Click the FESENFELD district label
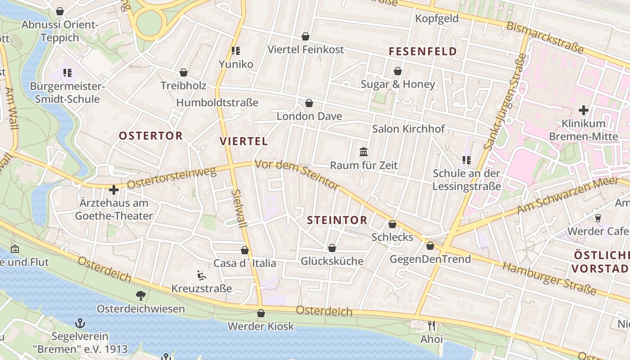[x=423, y=51]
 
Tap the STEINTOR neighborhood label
[x=337, y=220]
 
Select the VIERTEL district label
[x=244, y=141]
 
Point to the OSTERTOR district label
[x=151, y=135]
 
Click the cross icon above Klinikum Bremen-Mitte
[x=584, y=110]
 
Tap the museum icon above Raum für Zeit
[x=364, y=152]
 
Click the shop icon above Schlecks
[x=392, y=224]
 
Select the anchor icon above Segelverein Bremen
[x=80, y=323]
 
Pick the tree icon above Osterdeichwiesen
[x=141, y=295]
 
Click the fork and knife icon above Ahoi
[x=432, y=325]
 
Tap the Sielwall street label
[x=238, y=208]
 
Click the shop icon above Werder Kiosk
[x=261, y=313]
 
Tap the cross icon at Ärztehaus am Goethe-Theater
[x=114, y=190]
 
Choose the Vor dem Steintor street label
[x=297, y=175]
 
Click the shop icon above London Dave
[x=309, y=103]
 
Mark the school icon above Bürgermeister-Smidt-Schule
[x=67, y=72]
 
